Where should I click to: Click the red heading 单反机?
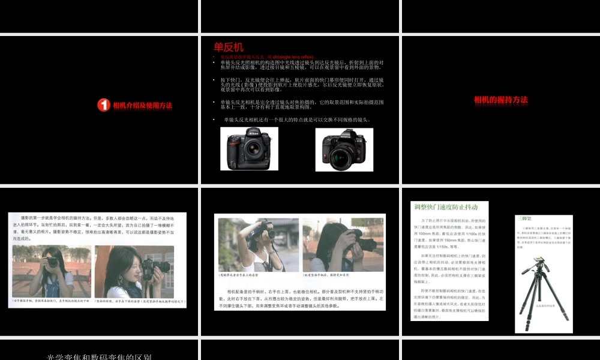point(229,47)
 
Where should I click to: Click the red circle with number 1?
point(103,106)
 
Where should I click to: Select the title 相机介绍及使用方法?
point(142,106)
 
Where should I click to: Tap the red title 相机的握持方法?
point(500,100)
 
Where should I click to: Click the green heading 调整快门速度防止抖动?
point(446,207)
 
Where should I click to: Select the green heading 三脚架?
point(524,218)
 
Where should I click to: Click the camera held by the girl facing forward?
point(52,262)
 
